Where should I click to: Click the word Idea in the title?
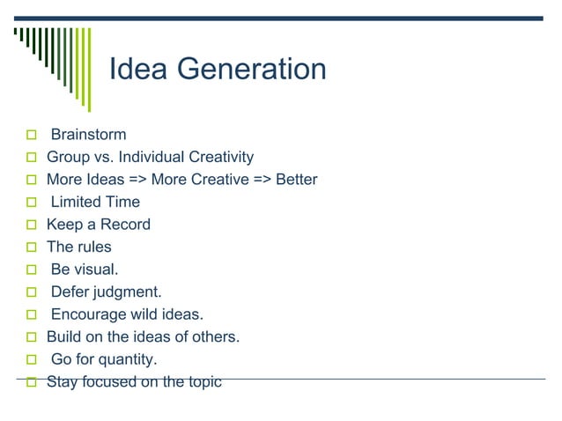(x=137, y=70)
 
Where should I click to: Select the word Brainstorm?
(x=88, y=135)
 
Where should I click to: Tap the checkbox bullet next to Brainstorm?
(x=31, y=136)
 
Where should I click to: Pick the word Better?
(x=296, y=180)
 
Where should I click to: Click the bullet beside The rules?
(x=31, y=248)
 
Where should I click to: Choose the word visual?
(x=97, y=270)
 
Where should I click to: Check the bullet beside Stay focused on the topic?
(x=31, y=382)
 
